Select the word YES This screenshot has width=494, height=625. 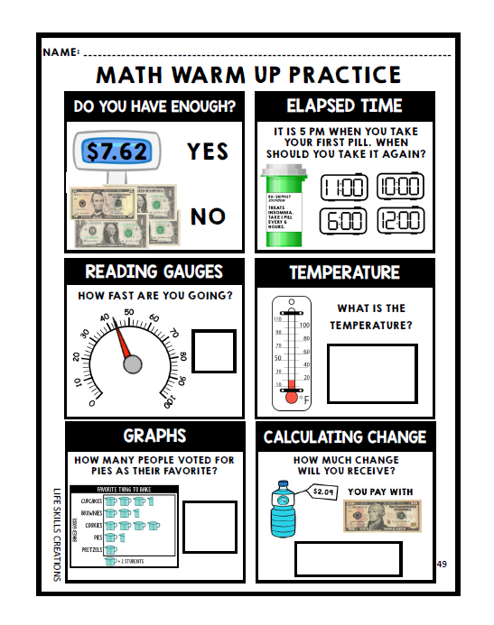[x=208, y=151]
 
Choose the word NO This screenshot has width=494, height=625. [x=208, y=216]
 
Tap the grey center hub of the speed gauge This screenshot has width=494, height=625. [x=133, y=364]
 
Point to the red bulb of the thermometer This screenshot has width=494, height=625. [x=292, y=395]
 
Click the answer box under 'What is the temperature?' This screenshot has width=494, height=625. [x=371, y=372]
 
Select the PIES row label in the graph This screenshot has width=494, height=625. [x=94, y=537]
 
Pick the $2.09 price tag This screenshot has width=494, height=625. [x=323, y=492]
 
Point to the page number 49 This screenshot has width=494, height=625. [x=442, y=564]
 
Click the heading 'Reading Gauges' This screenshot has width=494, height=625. [x=154, y=271]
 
